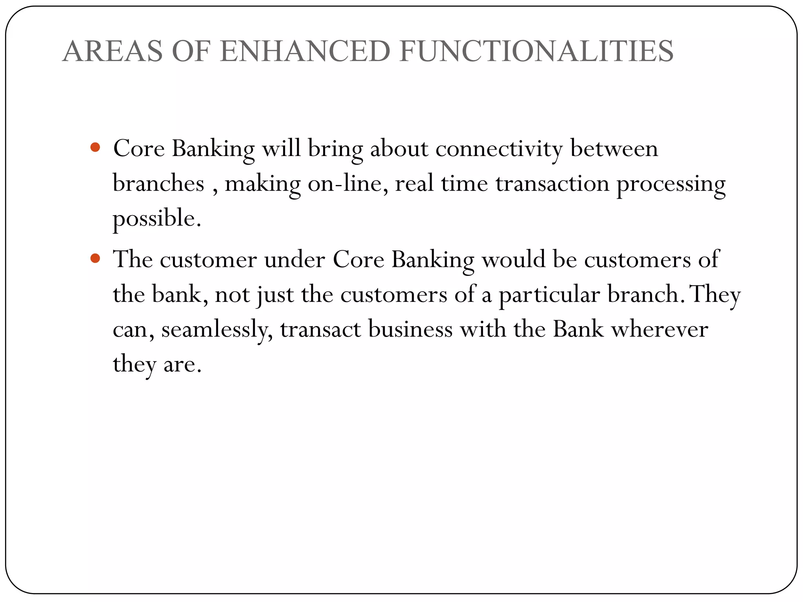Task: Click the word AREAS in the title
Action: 112,51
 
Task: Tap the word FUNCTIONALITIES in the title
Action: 536,51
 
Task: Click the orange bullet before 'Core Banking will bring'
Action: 95,148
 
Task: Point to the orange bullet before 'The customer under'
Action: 95,259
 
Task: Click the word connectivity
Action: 499,149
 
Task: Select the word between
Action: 614,149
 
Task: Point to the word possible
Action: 156,219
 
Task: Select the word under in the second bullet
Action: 294,260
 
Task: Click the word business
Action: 410,329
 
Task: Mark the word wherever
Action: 659,329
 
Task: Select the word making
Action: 262,184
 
